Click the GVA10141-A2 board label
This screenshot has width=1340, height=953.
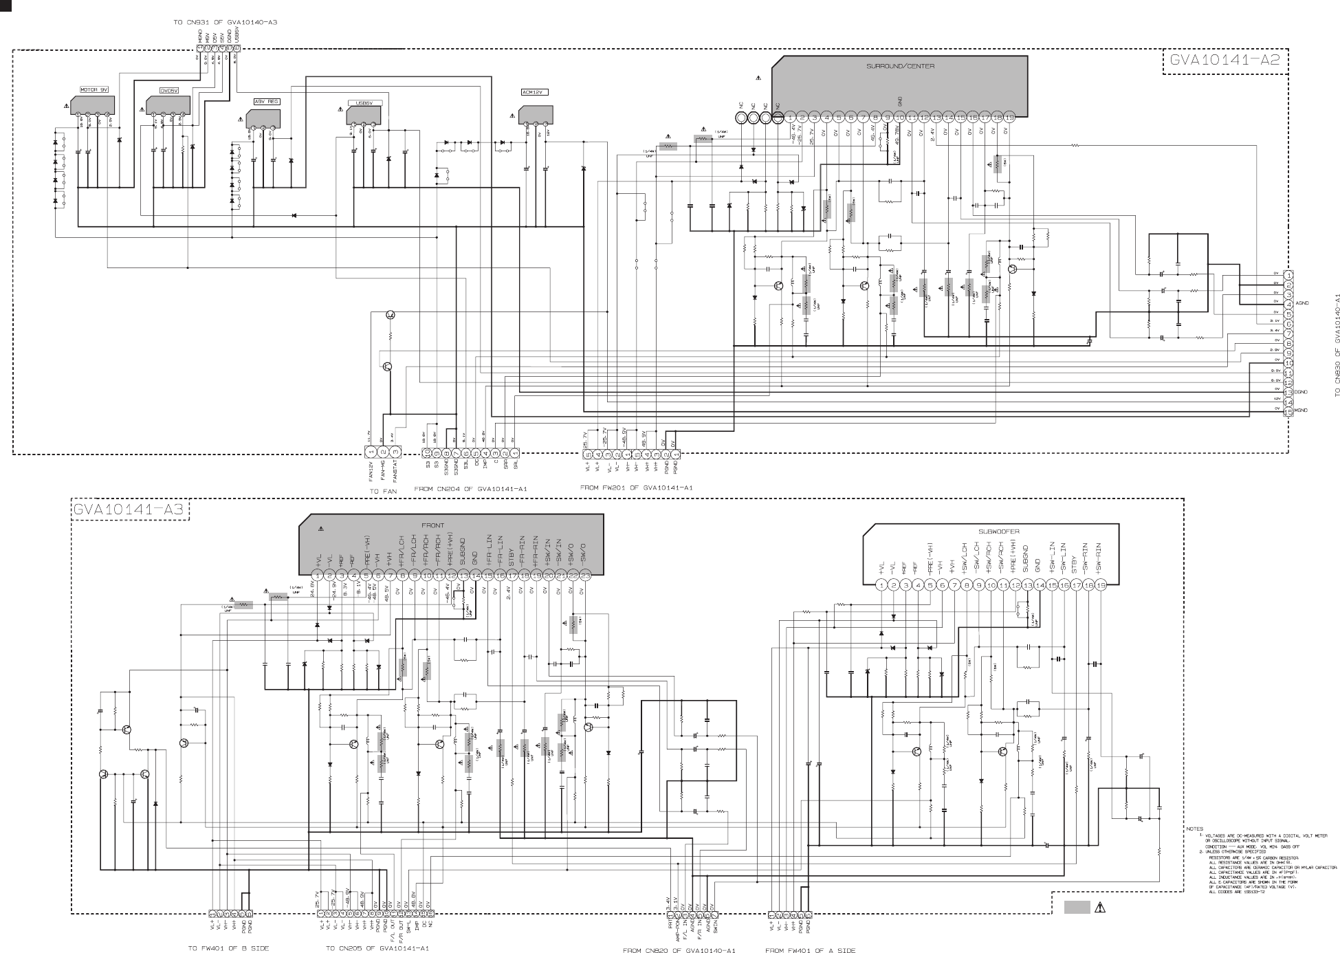(1224, 61)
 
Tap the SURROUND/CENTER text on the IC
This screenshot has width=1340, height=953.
(899, 67)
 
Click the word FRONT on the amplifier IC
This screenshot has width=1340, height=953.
(433, 526)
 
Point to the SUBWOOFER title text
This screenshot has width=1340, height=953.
(999, 532)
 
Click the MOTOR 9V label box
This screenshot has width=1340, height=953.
(94, 90)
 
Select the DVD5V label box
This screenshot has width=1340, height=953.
(168, 90)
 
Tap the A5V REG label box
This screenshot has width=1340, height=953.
(266, 102)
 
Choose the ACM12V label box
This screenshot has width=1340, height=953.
(534, 92)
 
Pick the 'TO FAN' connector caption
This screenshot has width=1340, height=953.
(383, 492)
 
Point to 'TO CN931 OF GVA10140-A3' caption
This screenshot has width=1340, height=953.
(226, 23)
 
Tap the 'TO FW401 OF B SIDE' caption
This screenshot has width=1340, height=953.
(228, 948)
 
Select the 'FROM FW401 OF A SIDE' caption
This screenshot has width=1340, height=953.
(810, 950)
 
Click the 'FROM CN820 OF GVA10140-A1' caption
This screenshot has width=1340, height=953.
(679, 950)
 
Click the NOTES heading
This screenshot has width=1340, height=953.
(1195, 829)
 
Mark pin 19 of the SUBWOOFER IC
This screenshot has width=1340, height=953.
(1101, 585)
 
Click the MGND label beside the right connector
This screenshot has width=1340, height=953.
(1301, 410)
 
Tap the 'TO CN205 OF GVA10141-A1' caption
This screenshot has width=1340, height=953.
(377, 948)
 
